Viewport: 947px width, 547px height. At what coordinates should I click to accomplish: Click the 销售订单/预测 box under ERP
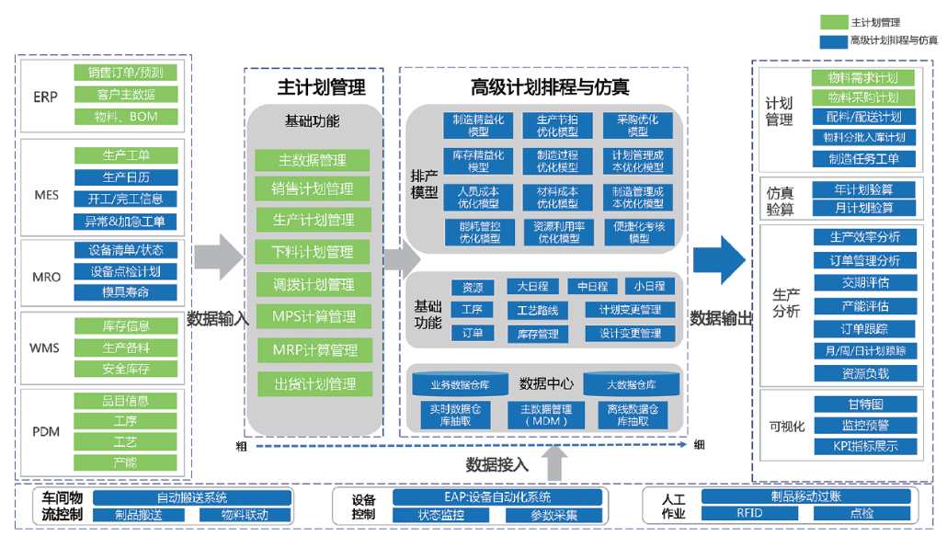[x=125, y=73]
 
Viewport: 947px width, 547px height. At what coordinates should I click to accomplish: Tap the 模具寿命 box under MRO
[x=125, y=292]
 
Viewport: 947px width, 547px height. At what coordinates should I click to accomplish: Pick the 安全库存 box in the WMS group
[x=125, y=370]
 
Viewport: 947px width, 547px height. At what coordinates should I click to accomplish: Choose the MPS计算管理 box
[x=314, y=317]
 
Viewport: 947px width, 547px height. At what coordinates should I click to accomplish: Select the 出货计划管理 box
[x=314, y=383]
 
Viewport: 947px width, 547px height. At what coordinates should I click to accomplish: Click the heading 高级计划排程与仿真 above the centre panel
[x=549, y=87]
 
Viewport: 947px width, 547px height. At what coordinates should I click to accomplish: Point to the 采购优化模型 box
[x=637, y=125]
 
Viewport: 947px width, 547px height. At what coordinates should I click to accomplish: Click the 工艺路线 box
[x=538, y=310]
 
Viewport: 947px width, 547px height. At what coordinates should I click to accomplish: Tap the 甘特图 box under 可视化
[x=865, y=404]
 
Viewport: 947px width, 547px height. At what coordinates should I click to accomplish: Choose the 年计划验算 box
[x=865, y=189]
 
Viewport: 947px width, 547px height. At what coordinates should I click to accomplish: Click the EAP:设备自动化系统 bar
[x=497, y=497]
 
